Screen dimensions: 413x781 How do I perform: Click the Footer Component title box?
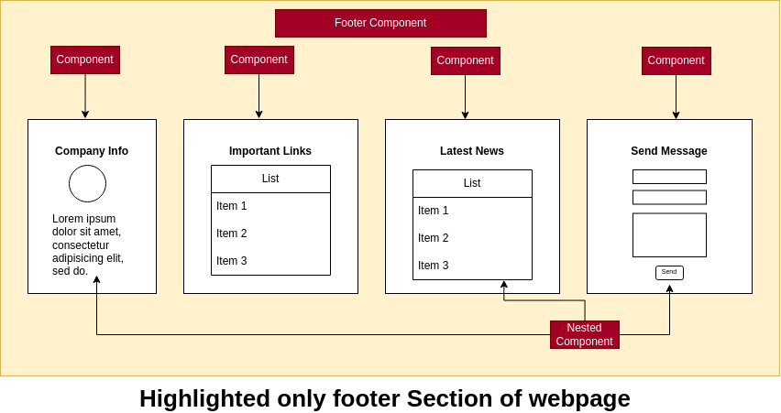(380, 23)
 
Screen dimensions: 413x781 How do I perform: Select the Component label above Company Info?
(85, 60)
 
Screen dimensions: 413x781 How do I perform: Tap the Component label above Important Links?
(259, 60)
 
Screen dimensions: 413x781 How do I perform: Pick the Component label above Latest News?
(466, 60)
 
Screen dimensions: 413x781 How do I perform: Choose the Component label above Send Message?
(676, 60)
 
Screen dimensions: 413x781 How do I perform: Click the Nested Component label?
(585, 334)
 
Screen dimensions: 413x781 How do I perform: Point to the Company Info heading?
(92, 151)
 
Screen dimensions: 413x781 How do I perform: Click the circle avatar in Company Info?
(87, 183)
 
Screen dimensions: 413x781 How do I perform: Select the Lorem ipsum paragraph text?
(88, 245)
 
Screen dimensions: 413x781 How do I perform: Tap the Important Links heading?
(270, 151)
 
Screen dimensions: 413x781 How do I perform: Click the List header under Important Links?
(270, 179)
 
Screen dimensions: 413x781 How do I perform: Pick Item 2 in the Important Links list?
(232, 234)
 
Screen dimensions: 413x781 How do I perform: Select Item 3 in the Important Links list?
(232, 261)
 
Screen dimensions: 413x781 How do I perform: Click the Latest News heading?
(472, 151)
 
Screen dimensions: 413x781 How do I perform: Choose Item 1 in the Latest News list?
(434, 211)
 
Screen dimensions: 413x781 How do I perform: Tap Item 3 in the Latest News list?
(434, 266)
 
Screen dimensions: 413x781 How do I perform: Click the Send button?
(669, 272)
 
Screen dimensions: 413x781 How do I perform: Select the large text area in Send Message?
(669, 235)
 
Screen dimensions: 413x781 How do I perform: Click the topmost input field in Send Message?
(669, 177)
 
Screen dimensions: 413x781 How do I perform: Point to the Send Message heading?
(669, 151)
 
